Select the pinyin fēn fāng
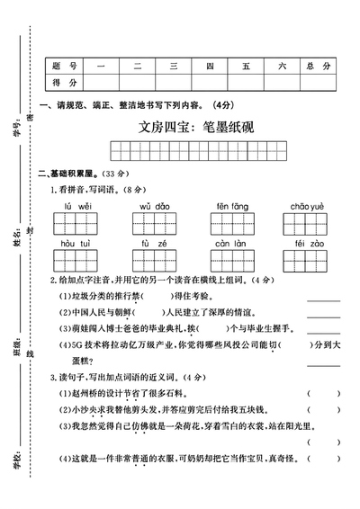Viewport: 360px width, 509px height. click(232, 206)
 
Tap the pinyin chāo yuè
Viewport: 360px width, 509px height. click(307, 206)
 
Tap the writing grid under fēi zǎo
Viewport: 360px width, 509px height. click(307, 260)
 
